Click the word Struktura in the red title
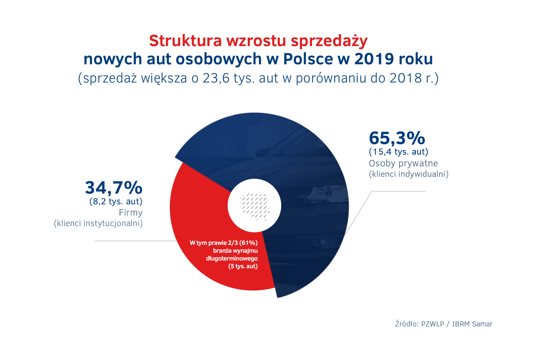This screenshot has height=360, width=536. click(185, 41)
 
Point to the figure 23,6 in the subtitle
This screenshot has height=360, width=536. click(216, 78)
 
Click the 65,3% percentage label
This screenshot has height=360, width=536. click(397, 138)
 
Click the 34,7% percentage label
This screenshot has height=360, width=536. click(114, 188)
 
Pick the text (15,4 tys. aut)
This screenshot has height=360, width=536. click(398, 152)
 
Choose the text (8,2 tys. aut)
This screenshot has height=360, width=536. click(116, 201)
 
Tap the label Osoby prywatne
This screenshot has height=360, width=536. click(403, 164)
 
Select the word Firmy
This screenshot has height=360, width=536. click(131, 213)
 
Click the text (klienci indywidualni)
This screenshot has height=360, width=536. click(408, 174)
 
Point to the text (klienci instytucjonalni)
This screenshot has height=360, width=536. click(98, 224)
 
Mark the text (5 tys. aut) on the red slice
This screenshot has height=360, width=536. click(243, 266)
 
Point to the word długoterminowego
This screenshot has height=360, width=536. click(232, 259)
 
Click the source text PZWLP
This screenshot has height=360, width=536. click(432, 324)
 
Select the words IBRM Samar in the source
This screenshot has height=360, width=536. click(472, 324)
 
